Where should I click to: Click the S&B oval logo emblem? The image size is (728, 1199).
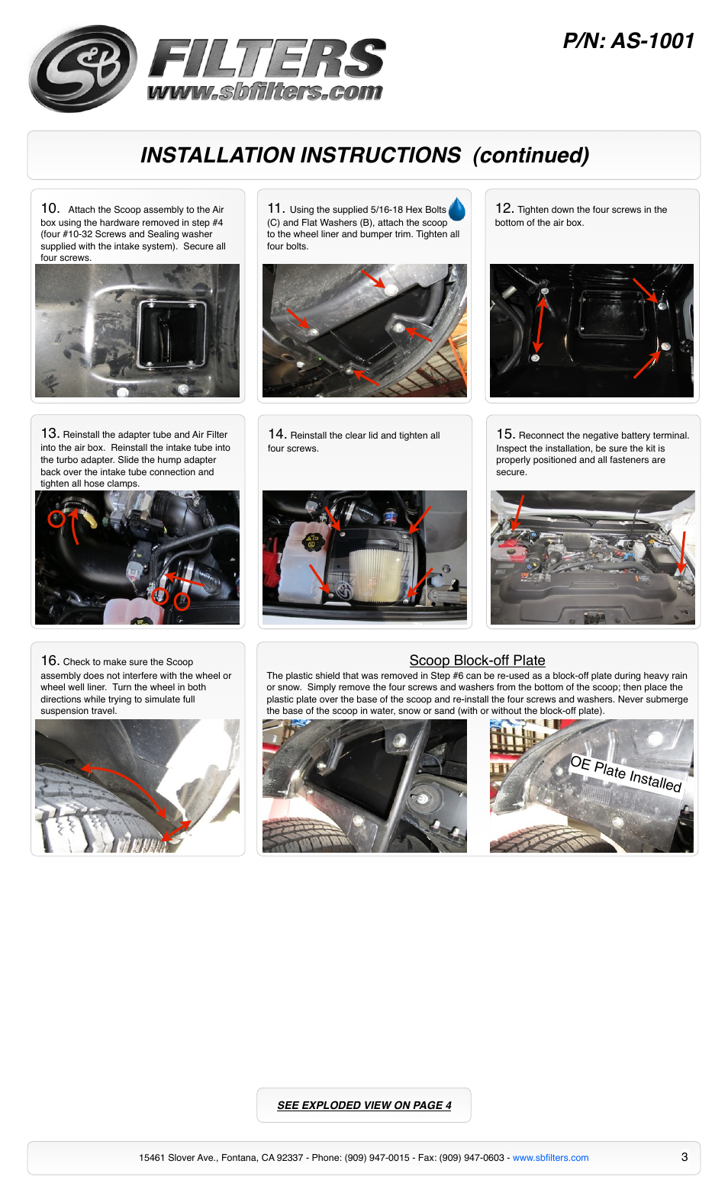point(83,69)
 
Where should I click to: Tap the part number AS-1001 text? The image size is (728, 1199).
point(653,41)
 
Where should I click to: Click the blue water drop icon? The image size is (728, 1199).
point(457,209)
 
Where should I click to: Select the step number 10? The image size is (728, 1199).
point(50,208)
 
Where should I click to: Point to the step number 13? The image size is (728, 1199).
point(50,433)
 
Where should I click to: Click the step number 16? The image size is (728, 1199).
point(50,661)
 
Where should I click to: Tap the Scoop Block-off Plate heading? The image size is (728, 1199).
point(477,661)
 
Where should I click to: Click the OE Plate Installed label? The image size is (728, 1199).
point(626,773)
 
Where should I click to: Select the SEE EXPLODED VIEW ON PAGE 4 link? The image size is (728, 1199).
point(364,1104)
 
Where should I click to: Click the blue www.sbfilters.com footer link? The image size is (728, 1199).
point(551,1157)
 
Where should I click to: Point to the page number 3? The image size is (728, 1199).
point(685,1157)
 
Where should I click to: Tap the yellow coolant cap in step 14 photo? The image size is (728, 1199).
point(310,541)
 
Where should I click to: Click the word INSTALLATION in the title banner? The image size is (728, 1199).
point(301,156)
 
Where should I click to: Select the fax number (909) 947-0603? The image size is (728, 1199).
point(472,1157)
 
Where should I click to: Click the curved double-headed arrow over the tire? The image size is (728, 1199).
point(127,783)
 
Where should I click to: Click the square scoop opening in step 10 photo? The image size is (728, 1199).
point(172,334)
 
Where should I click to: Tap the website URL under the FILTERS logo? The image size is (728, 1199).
point(265,92)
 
